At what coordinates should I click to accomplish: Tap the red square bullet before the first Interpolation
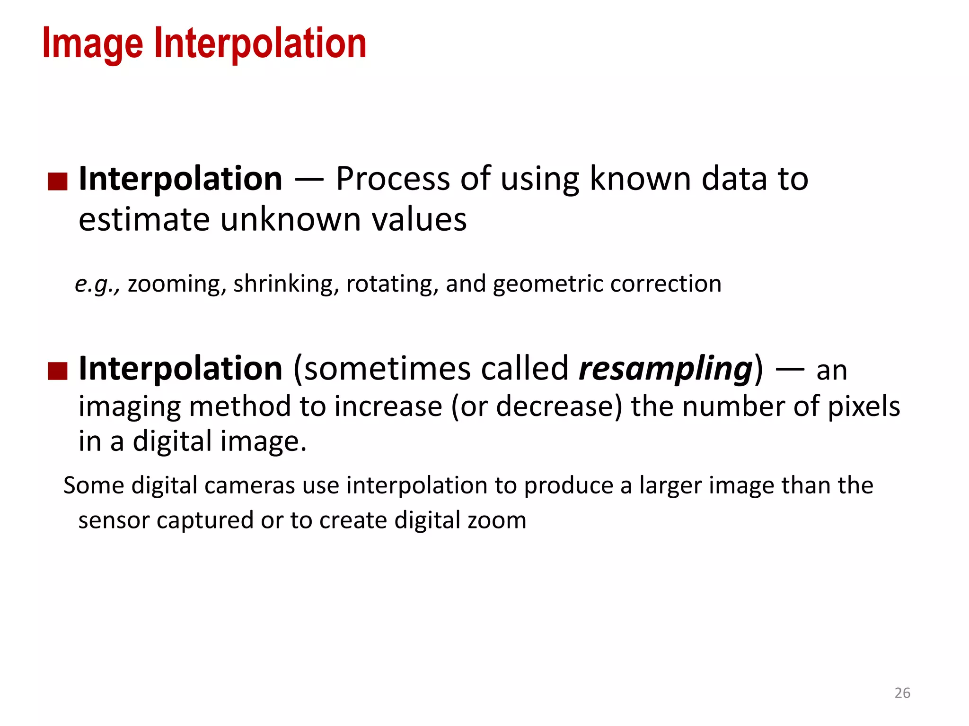[x=58, y=181]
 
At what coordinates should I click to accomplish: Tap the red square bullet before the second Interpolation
[x=58, y=371]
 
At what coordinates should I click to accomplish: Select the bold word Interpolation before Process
[x=180, y=179]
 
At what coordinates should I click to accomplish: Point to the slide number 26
[x=902, y=693]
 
